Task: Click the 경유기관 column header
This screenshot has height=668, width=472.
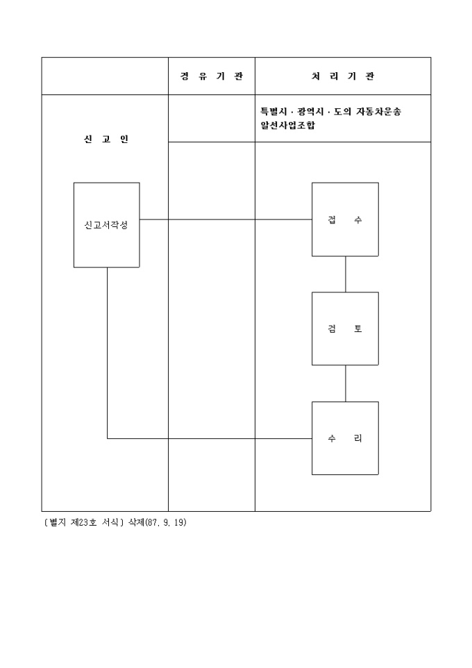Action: [x=211, y=76]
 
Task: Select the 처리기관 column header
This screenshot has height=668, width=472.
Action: [x=342, y=76]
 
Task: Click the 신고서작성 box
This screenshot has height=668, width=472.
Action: [x=106, y=225]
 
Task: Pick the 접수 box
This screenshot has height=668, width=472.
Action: [x=345, y=219]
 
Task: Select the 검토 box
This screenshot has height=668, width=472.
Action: [x=345, y=328]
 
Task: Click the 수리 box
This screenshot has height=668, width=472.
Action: [x=345, y=438]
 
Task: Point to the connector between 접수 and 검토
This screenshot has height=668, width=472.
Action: [x=345, y=274]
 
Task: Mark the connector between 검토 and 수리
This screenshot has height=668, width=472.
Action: [x=345, y=383]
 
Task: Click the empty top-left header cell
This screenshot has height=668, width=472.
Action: [x=105, y=76]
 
